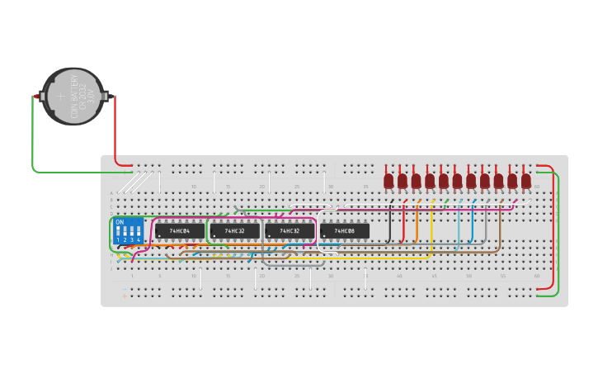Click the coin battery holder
[74, 97]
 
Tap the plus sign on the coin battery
[59, 97]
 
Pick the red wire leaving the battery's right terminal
[115, 132]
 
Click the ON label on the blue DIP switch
[120, 222]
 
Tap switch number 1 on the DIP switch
[118, 232]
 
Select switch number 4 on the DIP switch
[138, 232]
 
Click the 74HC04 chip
[179, 231]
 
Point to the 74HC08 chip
[345, 231]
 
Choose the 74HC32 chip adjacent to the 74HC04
[234, 231]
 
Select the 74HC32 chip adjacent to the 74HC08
[290, 231]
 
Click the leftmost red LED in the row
[388, 180]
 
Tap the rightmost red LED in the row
[525, 180]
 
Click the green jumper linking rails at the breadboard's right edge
[558, 231]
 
